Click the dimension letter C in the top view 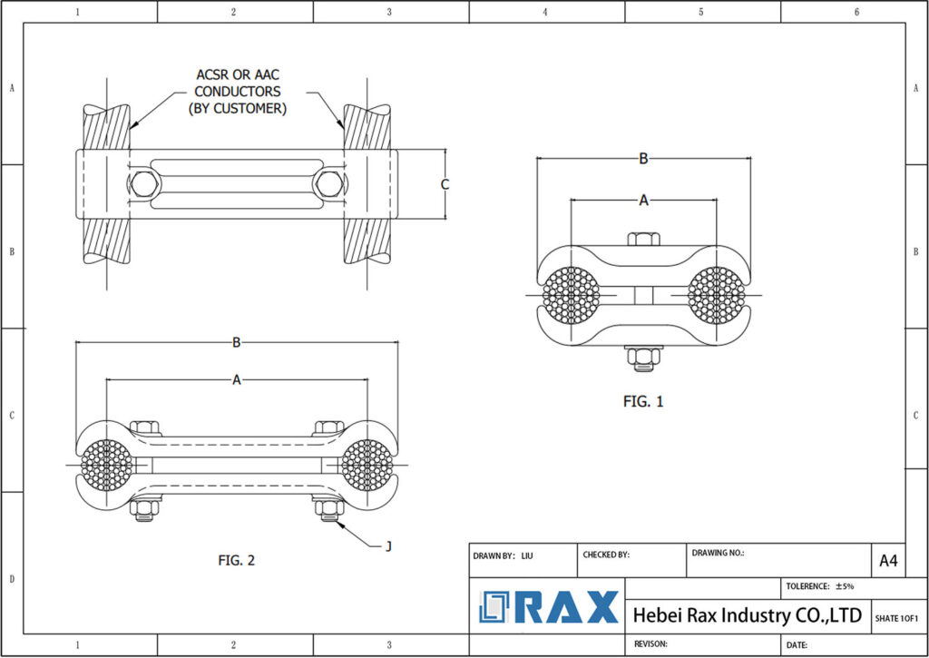click(445, 184)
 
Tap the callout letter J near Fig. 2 click(388, 545)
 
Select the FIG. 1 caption click(643, 401)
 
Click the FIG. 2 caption click(236, 560)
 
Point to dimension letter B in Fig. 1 click(643, 159)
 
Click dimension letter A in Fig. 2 click(237, 380)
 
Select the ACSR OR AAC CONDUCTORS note click(238, 91)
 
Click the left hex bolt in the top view click(143, 184)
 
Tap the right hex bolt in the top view click(328, 184)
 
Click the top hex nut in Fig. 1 click(643, 240)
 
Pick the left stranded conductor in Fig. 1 click(572, 296)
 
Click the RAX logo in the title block click(550, 607)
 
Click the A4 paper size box click(888, 561)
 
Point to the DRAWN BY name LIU click(527, 555)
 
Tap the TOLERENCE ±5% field click(821, 586)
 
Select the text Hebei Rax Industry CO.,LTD click(747, 615)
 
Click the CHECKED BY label click(605, 555)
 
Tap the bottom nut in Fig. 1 click(643, 355)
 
